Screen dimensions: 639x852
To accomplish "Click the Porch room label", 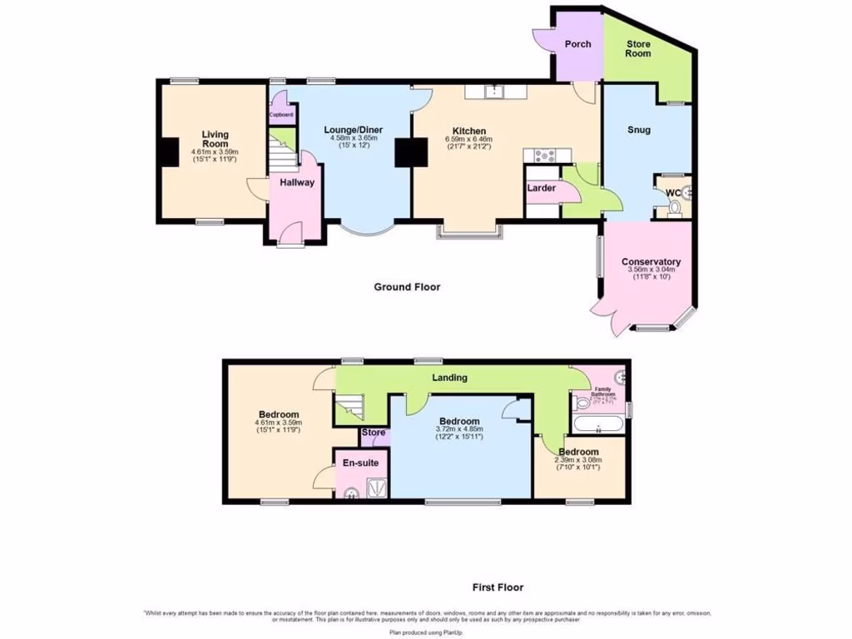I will click(577, 43).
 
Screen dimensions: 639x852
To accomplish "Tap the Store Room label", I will click(638, 48).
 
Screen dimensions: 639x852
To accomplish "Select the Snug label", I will click(639, 130).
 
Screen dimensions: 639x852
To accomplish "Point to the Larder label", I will click(541, 189).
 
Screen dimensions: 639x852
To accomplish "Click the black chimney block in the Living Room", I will click(169, 152).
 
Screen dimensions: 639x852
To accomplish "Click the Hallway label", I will click(297, 182).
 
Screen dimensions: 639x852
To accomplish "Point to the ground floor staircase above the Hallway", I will click(283, 156).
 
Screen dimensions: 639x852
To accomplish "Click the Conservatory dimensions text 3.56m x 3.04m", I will click(651, 270).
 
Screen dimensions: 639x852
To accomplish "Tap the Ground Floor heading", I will click(407, 287).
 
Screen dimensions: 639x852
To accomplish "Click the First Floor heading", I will click(498, 587).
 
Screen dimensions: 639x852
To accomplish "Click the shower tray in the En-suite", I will click(374, 489).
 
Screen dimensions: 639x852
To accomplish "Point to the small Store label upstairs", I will click(374, 433).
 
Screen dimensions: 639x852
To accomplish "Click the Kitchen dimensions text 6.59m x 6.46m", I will click(469, 139).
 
